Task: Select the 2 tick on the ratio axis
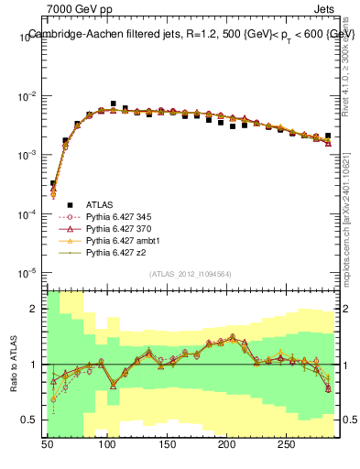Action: [x=37, y=309]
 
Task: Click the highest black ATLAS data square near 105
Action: [x=113, y=104]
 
